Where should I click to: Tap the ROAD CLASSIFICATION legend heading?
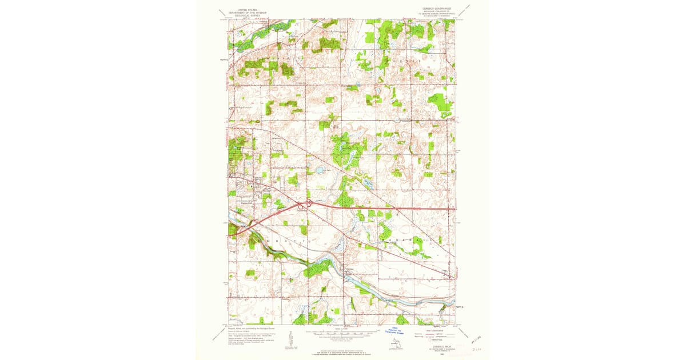click(436, 329)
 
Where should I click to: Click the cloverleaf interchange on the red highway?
click(303, 205)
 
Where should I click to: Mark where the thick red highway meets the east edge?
click(455, 209)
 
